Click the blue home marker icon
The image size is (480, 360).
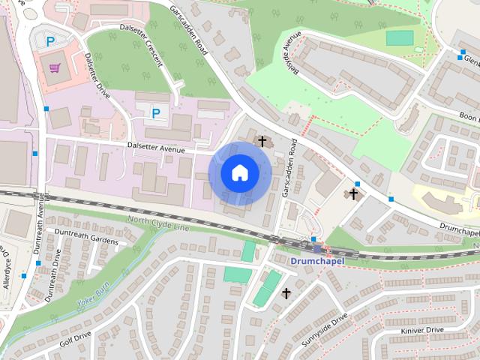tap(239, 172)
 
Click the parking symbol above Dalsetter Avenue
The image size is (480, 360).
tap(156, 113)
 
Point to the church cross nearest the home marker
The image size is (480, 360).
tap(262, 140)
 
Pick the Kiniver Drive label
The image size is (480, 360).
tap(423, 329)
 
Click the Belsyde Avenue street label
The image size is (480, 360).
tap(286, 52)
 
